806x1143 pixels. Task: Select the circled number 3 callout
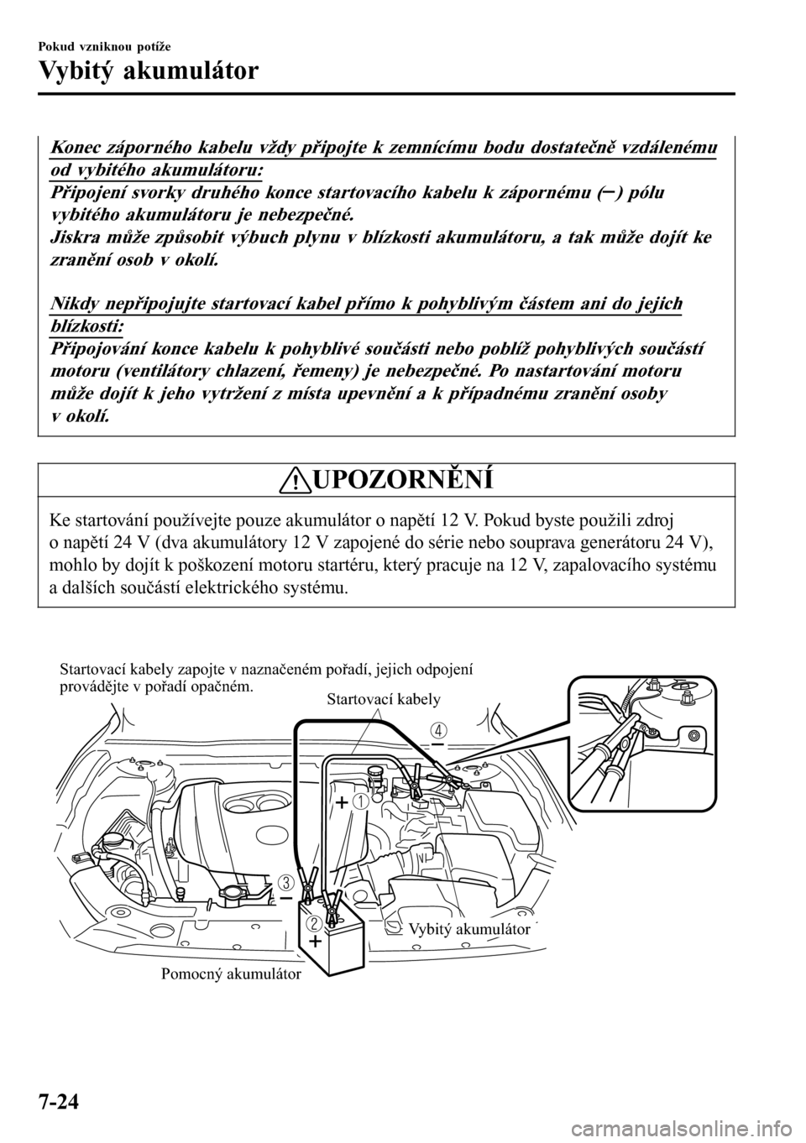pyautogui.click(x=287, y=882)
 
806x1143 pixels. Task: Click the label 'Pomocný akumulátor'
pyautogui.click(x=229, y=974)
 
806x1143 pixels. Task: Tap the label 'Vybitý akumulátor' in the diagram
pyautogui.click(x=469, y=929)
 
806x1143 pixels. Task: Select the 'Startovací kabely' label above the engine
pyautogui.click(x=383, y=698)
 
